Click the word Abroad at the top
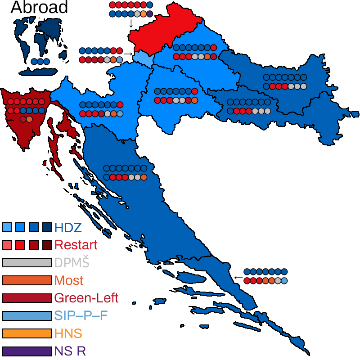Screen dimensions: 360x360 39,7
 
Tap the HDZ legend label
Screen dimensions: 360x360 68,227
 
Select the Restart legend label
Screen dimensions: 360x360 76,245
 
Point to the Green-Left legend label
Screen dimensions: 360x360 86,298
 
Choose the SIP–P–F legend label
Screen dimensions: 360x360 81,315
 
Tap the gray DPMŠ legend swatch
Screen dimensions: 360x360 27,263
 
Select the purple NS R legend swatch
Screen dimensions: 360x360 27,351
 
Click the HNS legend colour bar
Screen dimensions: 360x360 27,333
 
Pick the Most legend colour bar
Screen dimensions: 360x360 27,280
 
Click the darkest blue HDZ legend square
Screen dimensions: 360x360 47,227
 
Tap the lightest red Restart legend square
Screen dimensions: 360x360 7,245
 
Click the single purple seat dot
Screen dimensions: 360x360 150,14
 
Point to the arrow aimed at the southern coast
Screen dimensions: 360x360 237,277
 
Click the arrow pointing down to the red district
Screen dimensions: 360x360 131,23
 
